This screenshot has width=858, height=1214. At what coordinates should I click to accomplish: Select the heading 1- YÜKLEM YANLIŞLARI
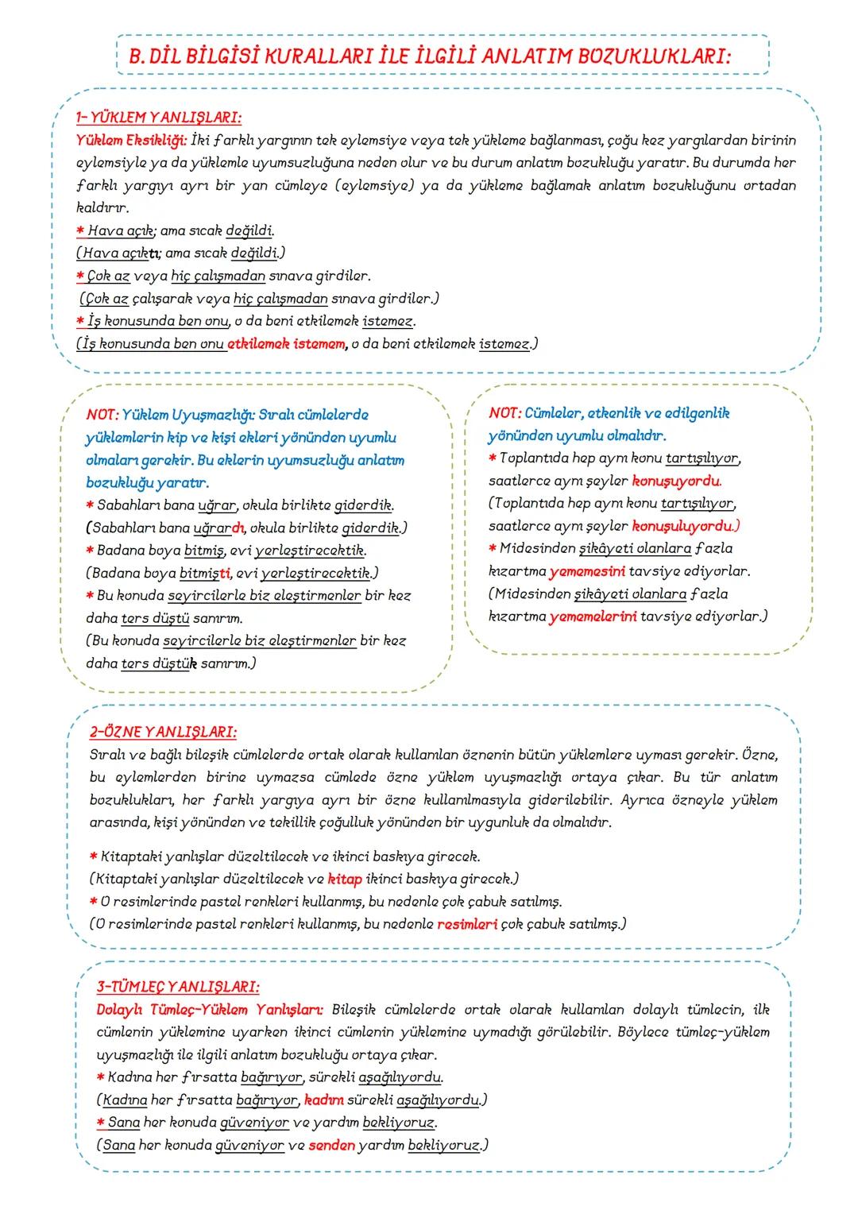pyautogui.click(x=158, y=118)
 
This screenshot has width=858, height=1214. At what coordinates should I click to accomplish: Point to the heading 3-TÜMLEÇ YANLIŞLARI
pyautogui.click(x=177, y=987)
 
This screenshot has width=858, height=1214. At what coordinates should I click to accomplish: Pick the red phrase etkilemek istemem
pyautogui.click(x=287, y=345)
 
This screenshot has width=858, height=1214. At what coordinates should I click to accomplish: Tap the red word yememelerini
pyautogui.click(x=593, y=617)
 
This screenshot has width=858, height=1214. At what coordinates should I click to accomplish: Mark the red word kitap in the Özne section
pyautogui.click(x=345, y=880)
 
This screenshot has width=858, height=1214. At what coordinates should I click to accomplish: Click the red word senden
pyautogui.click(x=331, y=1146)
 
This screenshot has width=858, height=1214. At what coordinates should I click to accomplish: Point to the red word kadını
pyautogui.click(x=323, y=1100)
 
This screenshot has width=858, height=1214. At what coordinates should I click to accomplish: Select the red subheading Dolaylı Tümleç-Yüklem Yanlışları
pyautogui.click(x=210, y=1010)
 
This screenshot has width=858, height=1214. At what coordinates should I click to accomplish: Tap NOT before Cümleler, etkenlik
pyautogui.click(x=504, y=413)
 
